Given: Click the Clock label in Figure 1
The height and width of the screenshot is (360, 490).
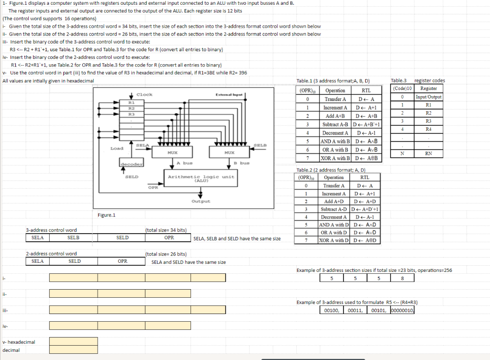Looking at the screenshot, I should click(x=144, y=94).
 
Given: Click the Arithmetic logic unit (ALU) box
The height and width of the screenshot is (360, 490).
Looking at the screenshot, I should click(x=200, y=178).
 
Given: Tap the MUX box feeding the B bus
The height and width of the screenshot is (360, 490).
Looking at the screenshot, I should click(x=228, y=153).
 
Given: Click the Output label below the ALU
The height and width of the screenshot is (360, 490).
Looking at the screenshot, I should click(x=200, y=202).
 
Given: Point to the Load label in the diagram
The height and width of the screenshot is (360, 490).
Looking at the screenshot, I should click(x=117, y=148).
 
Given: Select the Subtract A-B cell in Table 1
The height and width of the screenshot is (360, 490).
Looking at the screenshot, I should click(x=335, y=124).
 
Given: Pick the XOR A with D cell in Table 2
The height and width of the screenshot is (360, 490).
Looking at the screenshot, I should click(x=335, y=240).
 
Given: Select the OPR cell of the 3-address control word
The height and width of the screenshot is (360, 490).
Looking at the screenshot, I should click(x=169, y=237).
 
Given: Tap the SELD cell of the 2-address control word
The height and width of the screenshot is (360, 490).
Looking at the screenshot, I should click(x=75, y=261).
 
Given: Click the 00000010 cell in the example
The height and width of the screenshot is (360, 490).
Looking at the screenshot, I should click(x=402, y=310).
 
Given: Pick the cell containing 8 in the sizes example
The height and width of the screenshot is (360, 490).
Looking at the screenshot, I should click(x=402, y=279).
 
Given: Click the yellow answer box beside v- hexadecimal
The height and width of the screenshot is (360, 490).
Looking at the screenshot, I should click(x=73, y=342).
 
